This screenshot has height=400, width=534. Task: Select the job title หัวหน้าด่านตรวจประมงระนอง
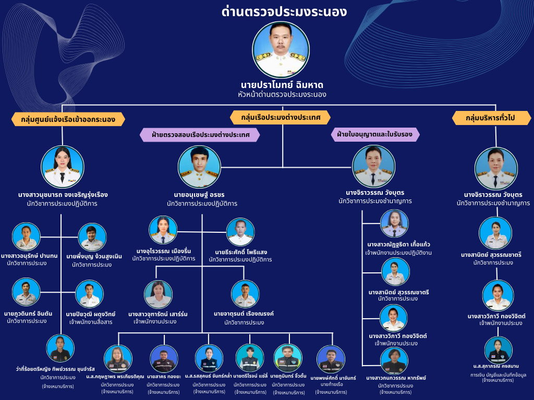click(x=282, y=94)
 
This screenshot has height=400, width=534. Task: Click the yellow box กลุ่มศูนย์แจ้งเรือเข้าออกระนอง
click(x=68, y=119)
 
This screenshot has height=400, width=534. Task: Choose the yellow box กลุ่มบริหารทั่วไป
click(x=491, y=118)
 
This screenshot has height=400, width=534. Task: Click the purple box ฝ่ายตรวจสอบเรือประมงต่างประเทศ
click(x=201, y=135)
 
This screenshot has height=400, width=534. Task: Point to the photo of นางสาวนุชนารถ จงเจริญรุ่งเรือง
click(x=63, y=167)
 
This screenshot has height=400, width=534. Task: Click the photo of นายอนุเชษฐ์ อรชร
click(x=200, y=167)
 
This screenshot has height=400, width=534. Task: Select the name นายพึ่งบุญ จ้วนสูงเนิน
click(x=94, y=256)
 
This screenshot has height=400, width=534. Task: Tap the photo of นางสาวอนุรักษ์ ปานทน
click(x=27, y=237)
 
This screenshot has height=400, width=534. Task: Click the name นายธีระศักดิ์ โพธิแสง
click(x=240, y=252)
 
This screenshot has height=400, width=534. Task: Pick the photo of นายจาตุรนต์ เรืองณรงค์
click(x=245, y=294)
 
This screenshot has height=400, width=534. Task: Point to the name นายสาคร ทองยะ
click(x=164, y=377)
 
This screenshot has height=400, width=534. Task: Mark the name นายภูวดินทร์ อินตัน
click(x=28, y=314)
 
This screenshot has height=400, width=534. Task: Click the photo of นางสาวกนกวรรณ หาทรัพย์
click(x=394, y=360)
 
